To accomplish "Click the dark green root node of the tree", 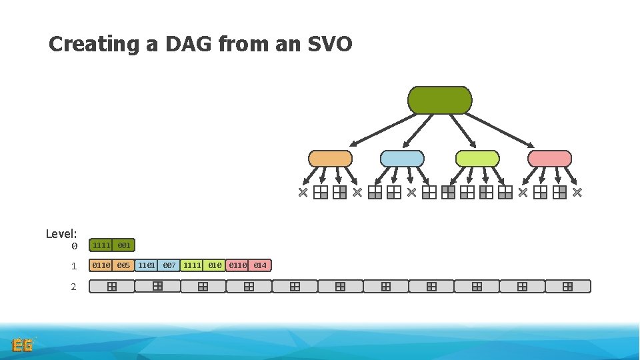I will [439, 100].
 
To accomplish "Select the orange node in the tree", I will [330, 159].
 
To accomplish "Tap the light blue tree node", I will [402, 159].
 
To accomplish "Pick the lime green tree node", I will [477, 159].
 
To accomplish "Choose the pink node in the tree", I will [549, 159].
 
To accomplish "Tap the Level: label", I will [61, 234].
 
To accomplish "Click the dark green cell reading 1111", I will [101, 246].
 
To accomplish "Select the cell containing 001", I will [124, 246].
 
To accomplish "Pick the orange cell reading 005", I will [123, 265].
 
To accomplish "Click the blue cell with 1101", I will [147, 265].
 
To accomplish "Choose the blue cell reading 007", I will [169, 265].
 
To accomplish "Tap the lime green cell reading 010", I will [215, 265].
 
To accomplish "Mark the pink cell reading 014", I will [260, 265].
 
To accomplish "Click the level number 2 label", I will [74, 287].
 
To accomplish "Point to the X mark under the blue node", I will [411, 193].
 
